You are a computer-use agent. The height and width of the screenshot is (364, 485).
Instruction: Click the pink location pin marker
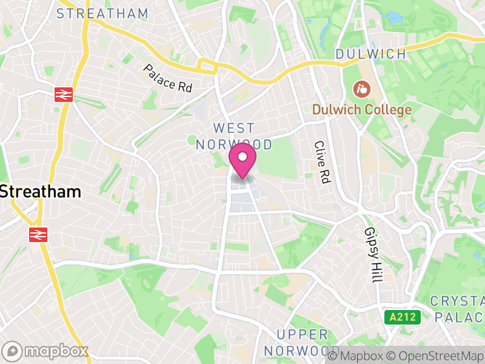[242, 161]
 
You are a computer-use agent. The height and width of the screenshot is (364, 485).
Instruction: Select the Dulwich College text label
[362, 110]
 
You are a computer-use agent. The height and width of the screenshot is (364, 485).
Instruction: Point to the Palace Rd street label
[167, 78]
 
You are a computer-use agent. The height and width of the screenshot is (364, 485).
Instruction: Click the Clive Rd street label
[321, 162]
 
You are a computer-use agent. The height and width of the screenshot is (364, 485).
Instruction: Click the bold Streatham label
[40, 192]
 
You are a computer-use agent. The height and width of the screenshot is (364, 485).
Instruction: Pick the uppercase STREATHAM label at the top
[102, 13]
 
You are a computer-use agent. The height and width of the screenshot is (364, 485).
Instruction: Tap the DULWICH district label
[370, 55]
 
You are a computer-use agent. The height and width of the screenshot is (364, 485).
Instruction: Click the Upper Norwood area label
[303, 343]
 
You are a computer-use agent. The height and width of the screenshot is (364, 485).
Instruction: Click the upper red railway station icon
[64, 94]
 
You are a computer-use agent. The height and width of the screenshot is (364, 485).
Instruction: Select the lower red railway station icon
[38, 234]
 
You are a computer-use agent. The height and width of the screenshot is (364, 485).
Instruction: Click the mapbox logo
[45, 351]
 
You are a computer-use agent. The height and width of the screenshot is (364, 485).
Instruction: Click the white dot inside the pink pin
[242, 157]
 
